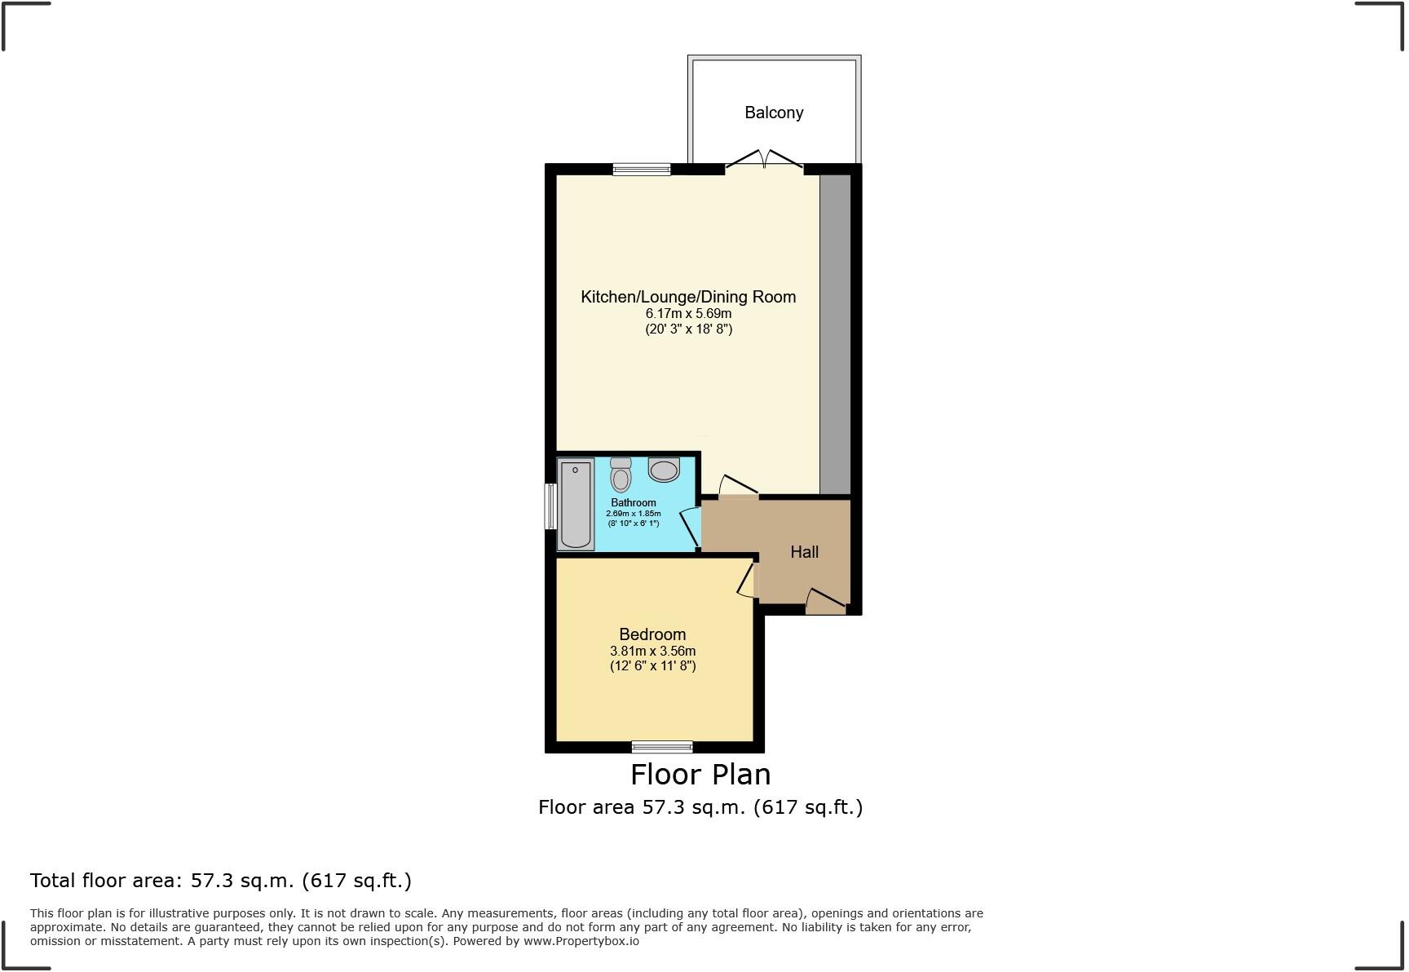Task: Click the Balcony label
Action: (774, 113)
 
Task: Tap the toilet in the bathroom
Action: (621, 475)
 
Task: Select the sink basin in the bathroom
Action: (664, 470)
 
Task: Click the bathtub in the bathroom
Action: (576, 504)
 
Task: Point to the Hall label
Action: (804, 552)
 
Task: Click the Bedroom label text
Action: (652, 634)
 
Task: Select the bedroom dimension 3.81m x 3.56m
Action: (652, 651)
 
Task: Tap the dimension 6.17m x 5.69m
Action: (688, 313)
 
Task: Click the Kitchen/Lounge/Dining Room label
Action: (688, 297)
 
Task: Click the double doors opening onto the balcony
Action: (764, 161)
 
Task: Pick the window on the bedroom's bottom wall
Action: (662, 746)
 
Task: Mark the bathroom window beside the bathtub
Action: (551, 506)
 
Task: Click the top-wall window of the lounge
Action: (642, 170)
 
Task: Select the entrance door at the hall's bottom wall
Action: (825, 603)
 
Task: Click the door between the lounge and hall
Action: (738, 487)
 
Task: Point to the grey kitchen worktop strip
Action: (835, 334)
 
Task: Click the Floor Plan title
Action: (700, 774)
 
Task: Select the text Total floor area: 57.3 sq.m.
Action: (220, 881)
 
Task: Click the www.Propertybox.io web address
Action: (581, 941)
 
